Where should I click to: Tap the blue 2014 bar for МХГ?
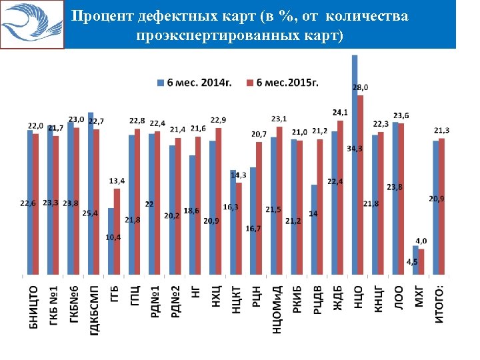[x=415, y=260]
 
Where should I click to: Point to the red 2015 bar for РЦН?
[x=259, y=207]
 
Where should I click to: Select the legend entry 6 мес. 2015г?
[x=281, y=82]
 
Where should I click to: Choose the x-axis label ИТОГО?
[x=440, y=303]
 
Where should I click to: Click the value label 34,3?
[x=355, y=148]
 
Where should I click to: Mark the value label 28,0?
[x=360, y=87]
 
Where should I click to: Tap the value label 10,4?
[x=113, y=237]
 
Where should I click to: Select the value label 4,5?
[x=413, y=263]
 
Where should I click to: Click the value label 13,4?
[x=117, y=181]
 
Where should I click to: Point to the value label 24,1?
[x=340, y=111]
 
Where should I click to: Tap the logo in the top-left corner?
[x=32, y=24]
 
